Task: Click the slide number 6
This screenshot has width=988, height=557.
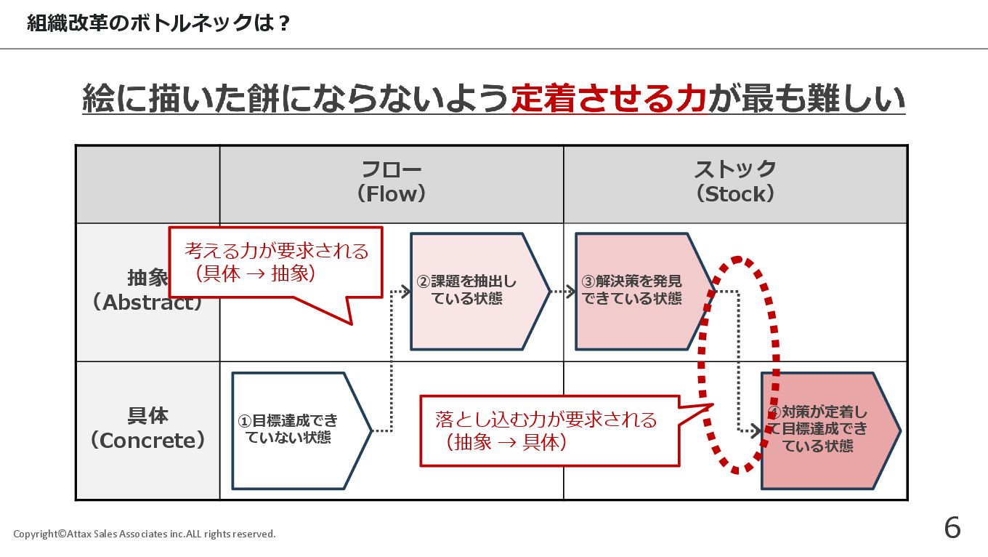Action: [x=952, y=528]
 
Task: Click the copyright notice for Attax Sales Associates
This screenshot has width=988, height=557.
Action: [x=145, y=534]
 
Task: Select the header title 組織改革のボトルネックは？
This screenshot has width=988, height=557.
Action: [x=159, y=24]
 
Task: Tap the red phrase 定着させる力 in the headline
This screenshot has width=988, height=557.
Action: [x=609, y=100]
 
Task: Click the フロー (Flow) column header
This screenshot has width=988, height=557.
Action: [x=392, y=183]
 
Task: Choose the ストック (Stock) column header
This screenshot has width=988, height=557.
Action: [x=735, y=183]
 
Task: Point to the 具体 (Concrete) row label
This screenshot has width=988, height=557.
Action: [x=147, y=428]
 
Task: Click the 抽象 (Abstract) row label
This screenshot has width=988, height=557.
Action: [x=147, y=290]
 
